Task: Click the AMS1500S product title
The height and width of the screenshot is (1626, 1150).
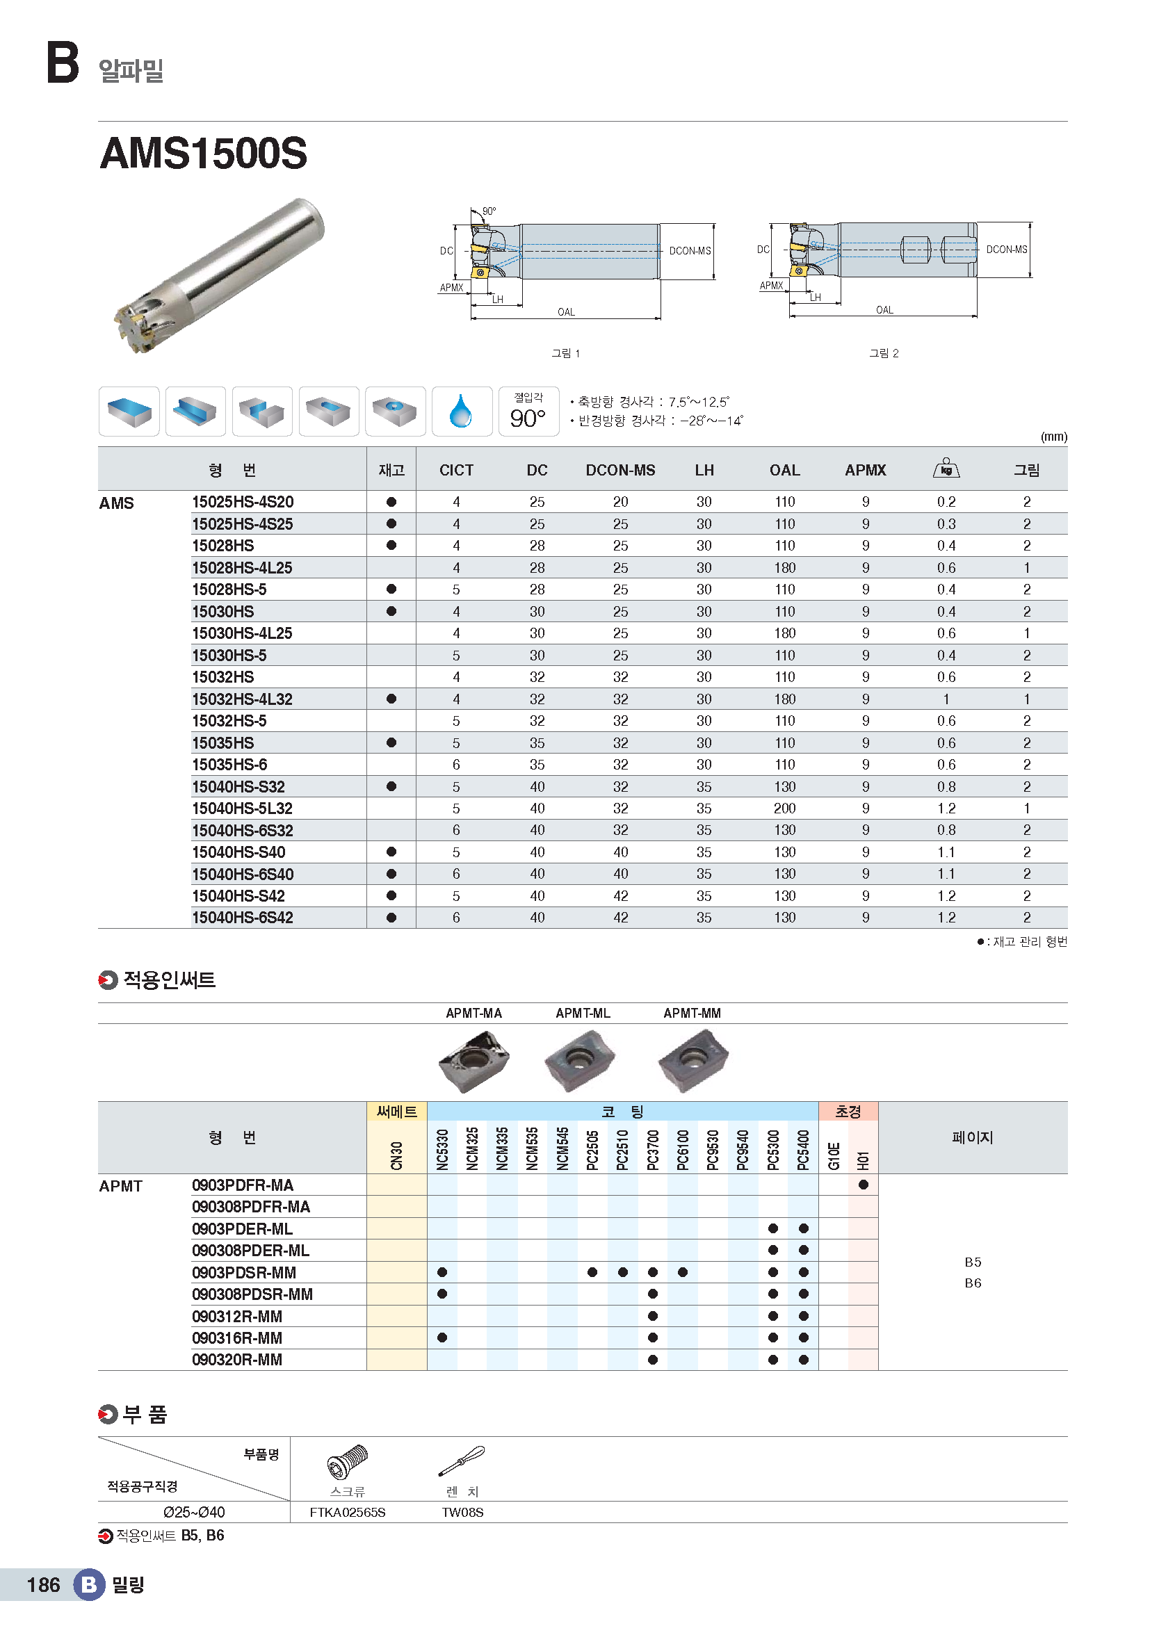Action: [204, 153]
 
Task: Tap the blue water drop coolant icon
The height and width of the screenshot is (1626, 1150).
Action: [461, 411]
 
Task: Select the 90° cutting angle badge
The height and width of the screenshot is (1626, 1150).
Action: [528, 412]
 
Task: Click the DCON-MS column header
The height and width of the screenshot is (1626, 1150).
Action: [620, 470]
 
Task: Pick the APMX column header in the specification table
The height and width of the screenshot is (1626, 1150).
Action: [866, 470]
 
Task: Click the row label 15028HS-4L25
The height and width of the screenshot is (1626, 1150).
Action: [242, 568]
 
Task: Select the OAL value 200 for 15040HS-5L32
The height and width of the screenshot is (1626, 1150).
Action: [784, 808]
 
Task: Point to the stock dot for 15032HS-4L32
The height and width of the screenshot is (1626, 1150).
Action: [391, 699]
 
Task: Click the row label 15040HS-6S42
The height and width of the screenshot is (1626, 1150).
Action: [242, 918]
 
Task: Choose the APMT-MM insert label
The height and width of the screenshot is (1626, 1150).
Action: [692, 1014]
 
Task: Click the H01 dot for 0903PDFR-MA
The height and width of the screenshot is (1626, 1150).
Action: [864, 1185]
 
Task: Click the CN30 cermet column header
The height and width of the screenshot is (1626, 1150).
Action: [396, 1155]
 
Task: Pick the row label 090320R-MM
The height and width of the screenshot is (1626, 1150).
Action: [237, 1360]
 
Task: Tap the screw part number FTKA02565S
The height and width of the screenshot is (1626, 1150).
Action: [348, 1513]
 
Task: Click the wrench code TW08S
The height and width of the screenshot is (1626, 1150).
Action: [462, 1513]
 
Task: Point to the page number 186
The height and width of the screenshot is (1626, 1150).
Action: [43, 1585]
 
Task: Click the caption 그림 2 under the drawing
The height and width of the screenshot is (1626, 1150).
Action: [884, 353]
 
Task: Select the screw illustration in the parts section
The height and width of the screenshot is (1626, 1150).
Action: [348, 1461]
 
